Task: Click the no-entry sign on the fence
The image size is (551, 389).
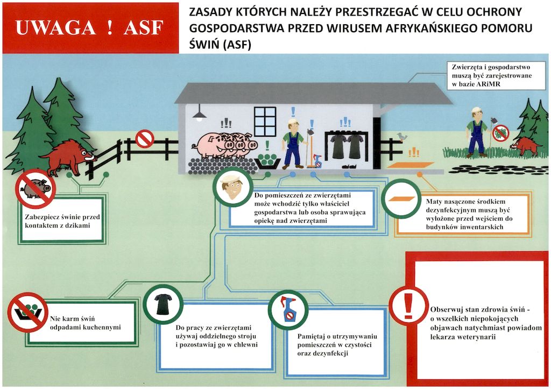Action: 144,139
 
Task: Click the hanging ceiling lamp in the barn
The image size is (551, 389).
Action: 199,114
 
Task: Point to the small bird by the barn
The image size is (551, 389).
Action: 401,137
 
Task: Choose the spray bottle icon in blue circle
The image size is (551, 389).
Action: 287,311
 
